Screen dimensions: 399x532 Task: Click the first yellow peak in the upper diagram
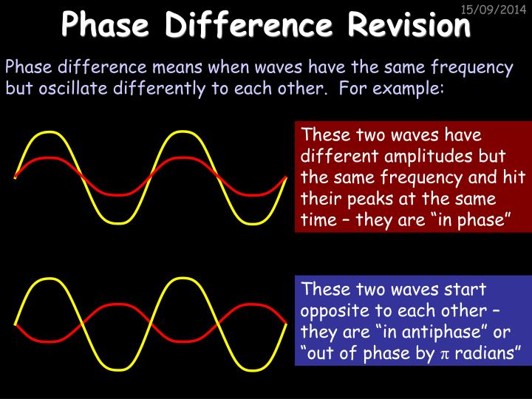click(47, 133)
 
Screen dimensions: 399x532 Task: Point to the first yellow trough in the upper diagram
click(112, 221)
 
